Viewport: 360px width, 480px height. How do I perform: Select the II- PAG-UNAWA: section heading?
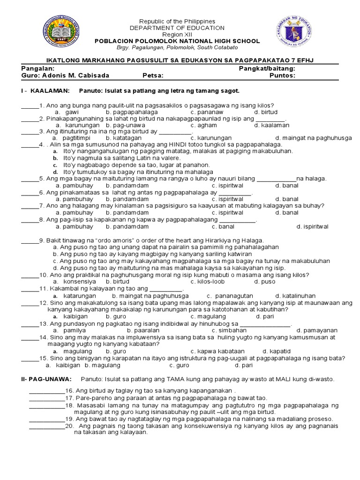pos(47,379)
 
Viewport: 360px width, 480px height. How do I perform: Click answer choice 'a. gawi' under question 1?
pos(67,112)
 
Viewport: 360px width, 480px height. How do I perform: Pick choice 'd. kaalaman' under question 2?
pos(272,125)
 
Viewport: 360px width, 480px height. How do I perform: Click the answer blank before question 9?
pos(30,240)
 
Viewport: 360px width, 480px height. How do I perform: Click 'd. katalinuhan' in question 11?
pos(296,296)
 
